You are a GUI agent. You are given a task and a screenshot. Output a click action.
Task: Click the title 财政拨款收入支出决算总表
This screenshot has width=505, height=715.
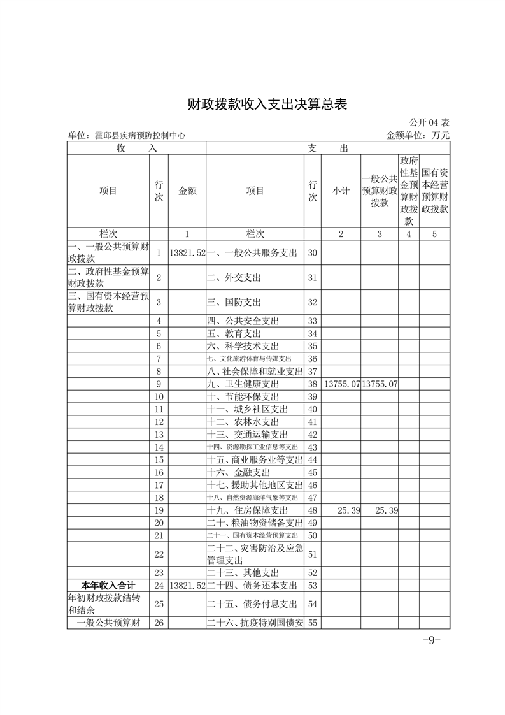click(267, 105)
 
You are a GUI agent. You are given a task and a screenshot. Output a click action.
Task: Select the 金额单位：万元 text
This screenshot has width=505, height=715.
click(418, 135)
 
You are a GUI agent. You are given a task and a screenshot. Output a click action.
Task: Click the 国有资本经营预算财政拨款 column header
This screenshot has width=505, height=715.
click(434, 191)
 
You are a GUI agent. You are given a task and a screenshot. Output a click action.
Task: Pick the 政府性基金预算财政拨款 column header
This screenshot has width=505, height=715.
click(409, 191)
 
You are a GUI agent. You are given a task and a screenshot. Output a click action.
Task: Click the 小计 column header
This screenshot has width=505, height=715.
click(341, 191)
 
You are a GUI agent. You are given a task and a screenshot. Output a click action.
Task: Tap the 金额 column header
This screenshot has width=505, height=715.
click(187, 191)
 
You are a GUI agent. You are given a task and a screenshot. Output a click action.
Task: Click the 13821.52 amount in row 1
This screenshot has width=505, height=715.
click(187, 253)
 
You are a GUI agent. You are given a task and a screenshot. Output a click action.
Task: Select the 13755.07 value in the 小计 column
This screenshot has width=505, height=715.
click(342, 385)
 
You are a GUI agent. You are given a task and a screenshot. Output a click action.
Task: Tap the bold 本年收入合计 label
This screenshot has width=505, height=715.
click(107, 585)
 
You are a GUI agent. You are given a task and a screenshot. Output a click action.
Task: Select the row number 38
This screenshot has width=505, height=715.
click(312, 385)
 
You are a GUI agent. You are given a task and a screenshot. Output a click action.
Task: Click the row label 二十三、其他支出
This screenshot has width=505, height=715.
click(243, 573)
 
